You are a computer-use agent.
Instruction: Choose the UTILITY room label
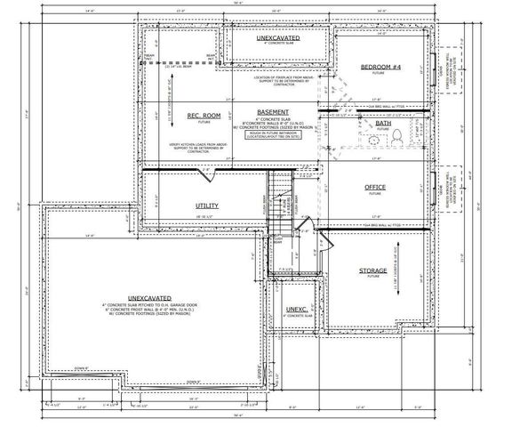point(206,205)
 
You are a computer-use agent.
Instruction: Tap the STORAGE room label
point(372,270)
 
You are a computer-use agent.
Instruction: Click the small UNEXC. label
point(296,310)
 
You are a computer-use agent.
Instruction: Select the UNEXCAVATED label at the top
point(278,39)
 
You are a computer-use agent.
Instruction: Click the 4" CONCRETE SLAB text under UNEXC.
point(296,317)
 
